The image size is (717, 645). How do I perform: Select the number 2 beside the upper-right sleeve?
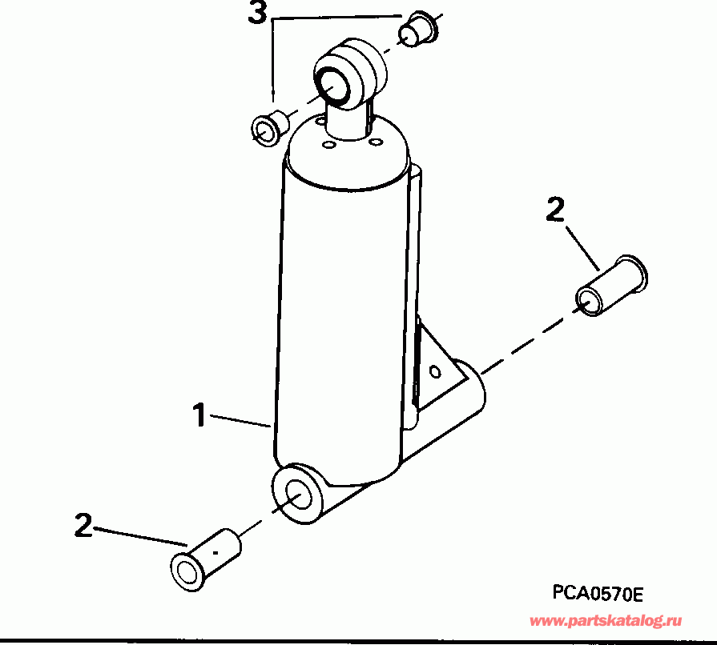tap(555, 210)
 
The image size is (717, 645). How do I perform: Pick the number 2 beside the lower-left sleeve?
tap(83, 525)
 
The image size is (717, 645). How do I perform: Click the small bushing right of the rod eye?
tap(418, 30)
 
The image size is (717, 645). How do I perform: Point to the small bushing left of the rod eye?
tap(267, 126)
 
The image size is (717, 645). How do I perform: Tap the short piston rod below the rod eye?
tap(348, 121)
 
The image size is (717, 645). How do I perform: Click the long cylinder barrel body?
tap(340, 320)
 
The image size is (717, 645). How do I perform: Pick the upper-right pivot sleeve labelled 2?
tap(612, 286)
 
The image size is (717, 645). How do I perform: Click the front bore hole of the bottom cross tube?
tap(296, 496)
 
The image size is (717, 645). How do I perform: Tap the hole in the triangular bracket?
tap(435, 371)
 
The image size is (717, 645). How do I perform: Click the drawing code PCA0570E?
tap(598, 593)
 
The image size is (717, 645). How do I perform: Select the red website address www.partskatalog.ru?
tap(606, 620)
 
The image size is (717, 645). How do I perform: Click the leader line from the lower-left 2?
tap(141, 537)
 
